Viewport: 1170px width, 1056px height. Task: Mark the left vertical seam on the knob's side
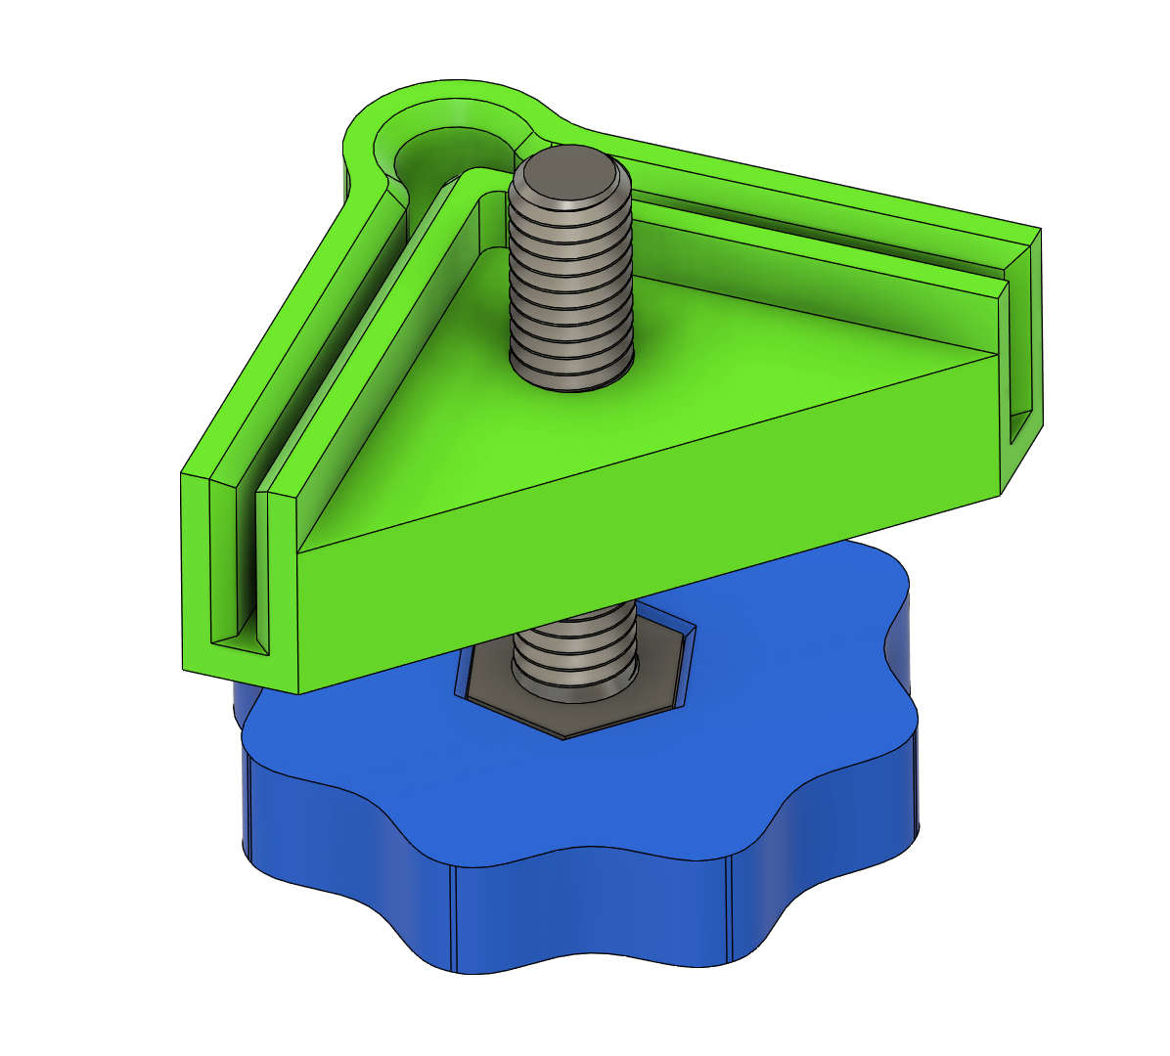(453, 919)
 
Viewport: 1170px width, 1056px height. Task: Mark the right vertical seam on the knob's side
(730, 909)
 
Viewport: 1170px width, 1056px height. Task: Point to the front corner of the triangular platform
(298, 553)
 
